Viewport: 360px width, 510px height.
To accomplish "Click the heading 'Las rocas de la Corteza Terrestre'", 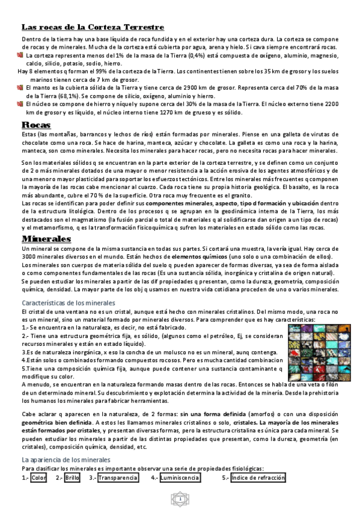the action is pyautogui.click(x=93, y=27).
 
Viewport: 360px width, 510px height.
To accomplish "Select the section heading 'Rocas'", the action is pyautogui.click(x=35, y=124).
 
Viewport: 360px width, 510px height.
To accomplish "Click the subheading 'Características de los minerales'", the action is pyautogui.click(x=68, y=303).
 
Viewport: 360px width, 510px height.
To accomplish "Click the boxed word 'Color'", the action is pyautogui.click(x=38, y=478).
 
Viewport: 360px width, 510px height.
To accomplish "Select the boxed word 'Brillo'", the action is pyautogui.click(x=72, y=478).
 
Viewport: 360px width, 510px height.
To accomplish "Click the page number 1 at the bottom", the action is pyautogui.click(x=180, y=499).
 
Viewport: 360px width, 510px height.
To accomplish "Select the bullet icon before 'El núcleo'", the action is pyautogui.click(x=19, y=103).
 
